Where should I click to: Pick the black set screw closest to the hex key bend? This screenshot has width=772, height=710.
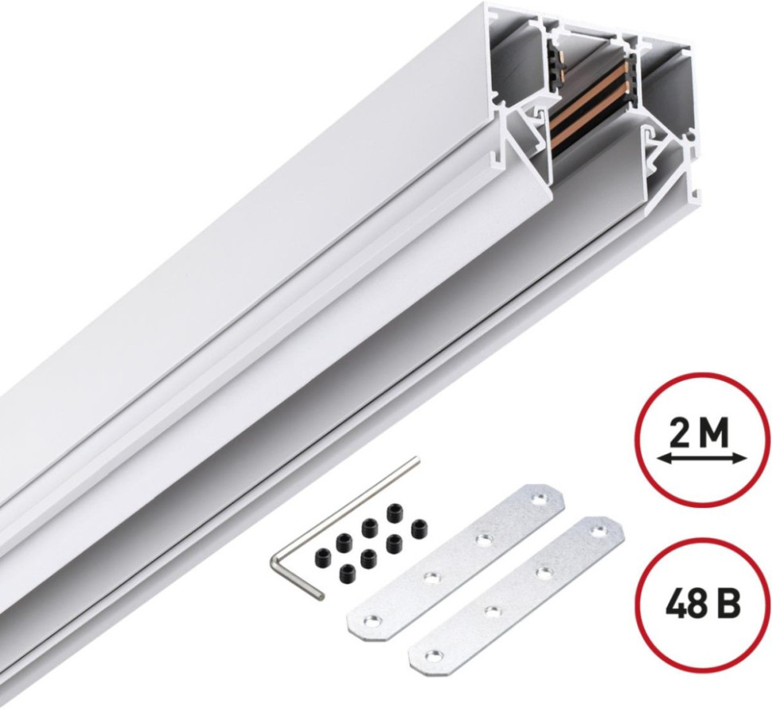pos(322,556)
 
